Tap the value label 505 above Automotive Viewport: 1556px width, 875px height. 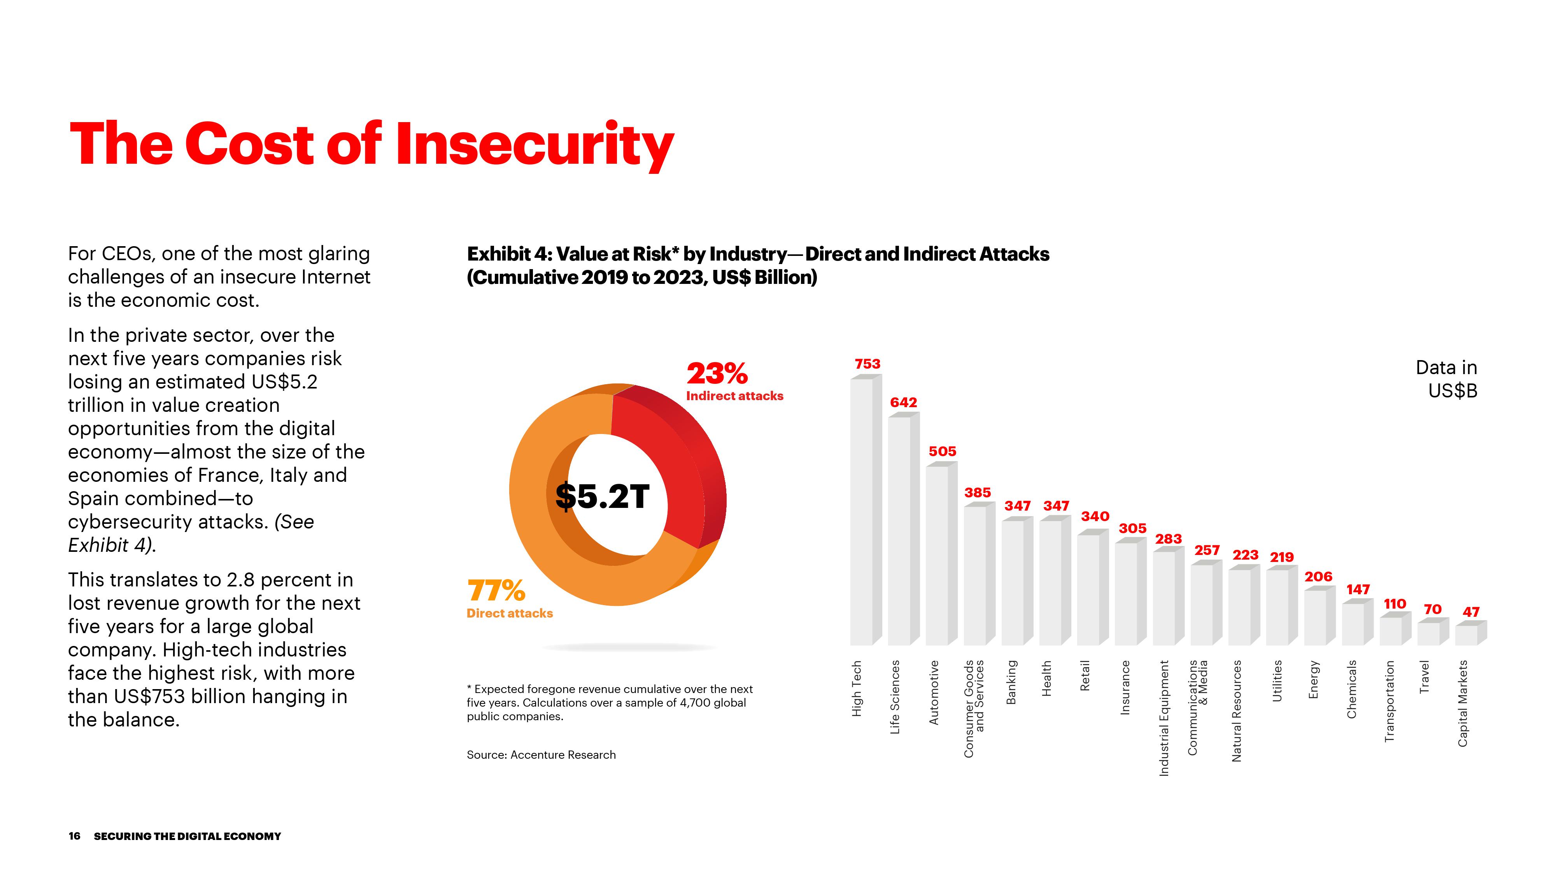click(942, 451)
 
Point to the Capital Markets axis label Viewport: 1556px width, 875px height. click(1462, 703)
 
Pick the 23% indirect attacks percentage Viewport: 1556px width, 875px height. click(717, 373)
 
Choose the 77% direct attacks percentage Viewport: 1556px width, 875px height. click(496, 591)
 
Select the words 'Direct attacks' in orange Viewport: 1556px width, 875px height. click(509, 614)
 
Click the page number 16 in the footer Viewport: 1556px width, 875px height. click(74, 836)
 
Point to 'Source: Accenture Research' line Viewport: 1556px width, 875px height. click(541, 755)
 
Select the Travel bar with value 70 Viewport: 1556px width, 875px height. click(1429, 633)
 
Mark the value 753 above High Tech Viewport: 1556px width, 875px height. click(867, 364)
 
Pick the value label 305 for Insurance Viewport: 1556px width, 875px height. click(1132, 529)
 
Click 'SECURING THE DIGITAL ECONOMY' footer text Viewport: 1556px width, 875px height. click(187, 836)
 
